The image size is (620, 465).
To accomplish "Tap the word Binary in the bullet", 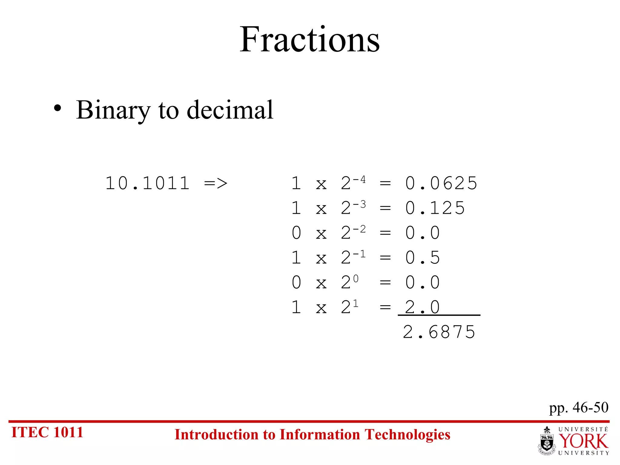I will [113, 110].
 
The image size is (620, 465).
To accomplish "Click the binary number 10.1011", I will [147, 183].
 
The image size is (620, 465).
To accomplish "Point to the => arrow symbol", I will [216, 183].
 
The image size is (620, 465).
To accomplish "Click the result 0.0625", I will [441, 183].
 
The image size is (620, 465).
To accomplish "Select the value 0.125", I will [435, 208].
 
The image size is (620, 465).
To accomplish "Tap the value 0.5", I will [422, 258].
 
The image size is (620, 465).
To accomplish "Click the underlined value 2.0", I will [422, 307].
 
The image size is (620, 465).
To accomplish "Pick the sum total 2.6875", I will [439, 332].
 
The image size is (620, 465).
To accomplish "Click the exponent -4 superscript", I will [359, 180].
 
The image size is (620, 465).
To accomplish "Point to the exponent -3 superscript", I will [359, 204].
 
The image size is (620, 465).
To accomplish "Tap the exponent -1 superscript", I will [359, 254].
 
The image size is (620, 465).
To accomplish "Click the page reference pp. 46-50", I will [579, 407].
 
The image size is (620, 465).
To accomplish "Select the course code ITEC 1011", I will [47, 432].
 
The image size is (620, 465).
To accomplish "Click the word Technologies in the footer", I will [407, 434].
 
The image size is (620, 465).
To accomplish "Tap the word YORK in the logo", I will [583, 441].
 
